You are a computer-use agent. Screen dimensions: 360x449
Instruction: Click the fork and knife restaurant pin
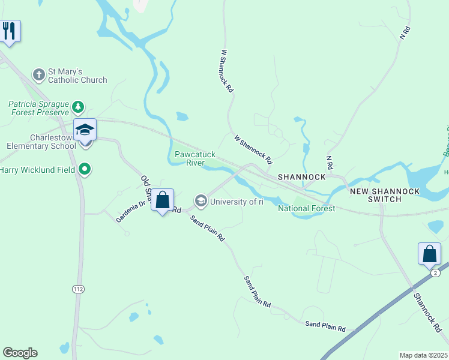10,31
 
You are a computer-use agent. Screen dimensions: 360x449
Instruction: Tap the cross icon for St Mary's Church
39,75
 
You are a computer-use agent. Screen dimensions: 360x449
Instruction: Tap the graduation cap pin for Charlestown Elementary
85,130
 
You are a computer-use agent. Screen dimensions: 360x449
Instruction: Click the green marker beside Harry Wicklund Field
85,170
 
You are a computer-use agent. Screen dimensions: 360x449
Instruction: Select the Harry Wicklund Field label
38,170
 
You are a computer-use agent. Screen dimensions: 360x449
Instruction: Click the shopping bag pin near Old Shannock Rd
162,200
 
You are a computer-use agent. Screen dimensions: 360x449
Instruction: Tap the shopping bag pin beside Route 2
430,253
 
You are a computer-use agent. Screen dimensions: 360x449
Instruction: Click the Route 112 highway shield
78,289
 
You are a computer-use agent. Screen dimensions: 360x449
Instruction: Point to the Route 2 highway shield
435,272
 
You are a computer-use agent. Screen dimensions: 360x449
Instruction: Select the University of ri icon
200,201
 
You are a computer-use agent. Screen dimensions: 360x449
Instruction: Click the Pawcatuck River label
190,158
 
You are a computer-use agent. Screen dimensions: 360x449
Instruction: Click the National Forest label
306,208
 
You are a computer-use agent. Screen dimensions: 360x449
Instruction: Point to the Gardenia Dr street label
131,211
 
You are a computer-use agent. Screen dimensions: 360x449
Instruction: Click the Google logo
20,352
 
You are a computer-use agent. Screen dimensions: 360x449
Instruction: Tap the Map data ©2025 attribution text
423,355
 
